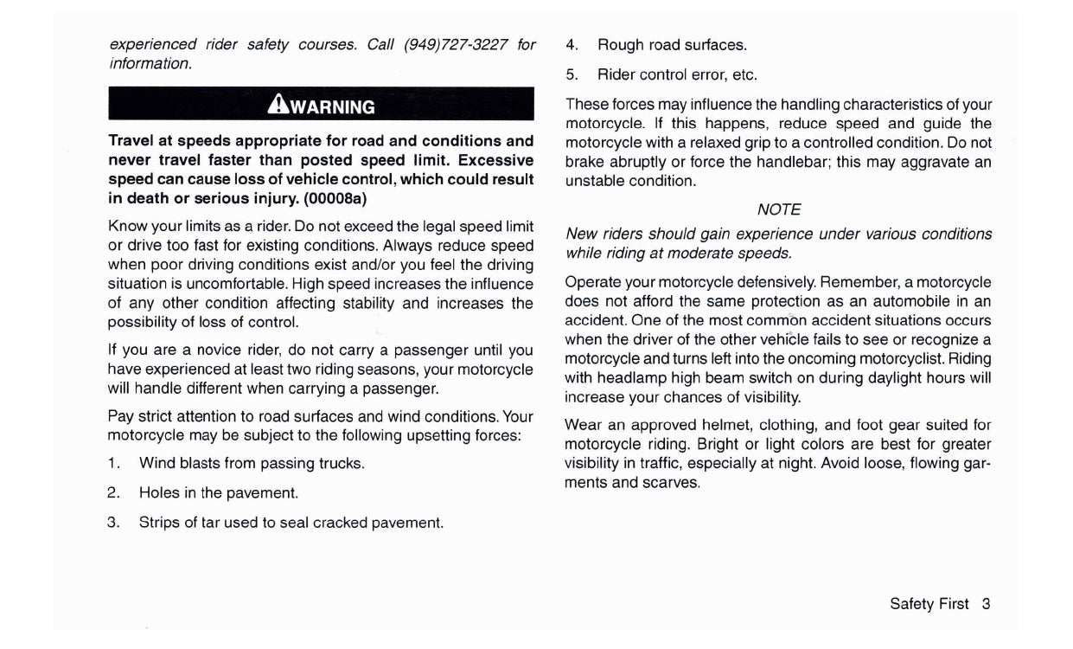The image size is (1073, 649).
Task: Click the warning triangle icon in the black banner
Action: tap(278, 105)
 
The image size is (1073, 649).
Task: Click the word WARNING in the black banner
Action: tap(333, 107)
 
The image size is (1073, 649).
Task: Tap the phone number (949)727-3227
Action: tap(456, 44)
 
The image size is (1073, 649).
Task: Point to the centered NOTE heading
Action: tap(778, 209)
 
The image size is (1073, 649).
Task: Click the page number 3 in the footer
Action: tap(986, 604)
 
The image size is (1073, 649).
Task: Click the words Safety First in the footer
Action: tap(929, 604)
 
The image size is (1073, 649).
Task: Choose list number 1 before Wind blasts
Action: tap(112, 463)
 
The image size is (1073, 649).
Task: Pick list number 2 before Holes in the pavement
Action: tap(112, 492)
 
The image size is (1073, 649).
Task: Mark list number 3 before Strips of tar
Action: tap(112, 523)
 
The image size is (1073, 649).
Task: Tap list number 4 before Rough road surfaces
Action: tap(572, 45)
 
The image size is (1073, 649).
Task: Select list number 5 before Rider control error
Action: tap(572, 74)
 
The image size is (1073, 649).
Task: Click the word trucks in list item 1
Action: tap(340, 463)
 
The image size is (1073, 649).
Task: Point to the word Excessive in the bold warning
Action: tap(496, 160)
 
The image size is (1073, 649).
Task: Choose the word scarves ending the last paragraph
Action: tap(672, 483)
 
